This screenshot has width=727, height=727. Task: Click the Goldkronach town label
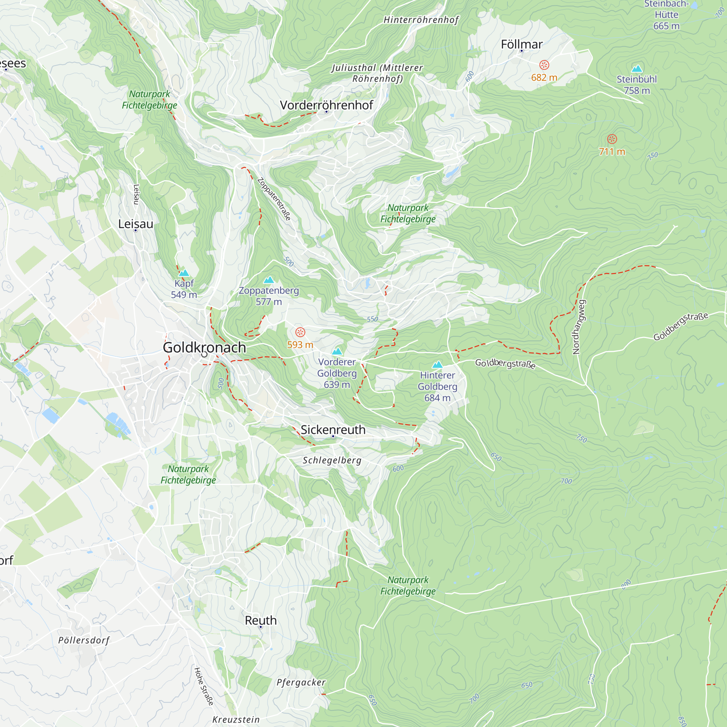(x=204, y=347)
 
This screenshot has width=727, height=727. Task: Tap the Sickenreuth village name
(x=333, y=430)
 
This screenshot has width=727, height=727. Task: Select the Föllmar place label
(x=522, y=44)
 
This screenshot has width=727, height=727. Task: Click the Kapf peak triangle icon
(x=184, y=273)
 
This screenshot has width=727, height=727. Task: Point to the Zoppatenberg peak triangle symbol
(x=269, y=280)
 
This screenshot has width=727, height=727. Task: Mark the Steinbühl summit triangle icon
(x=637, y=68)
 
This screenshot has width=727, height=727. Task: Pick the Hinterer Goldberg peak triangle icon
(x=437, y=364)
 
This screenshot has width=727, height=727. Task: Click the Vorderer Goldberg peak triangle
(x=337, y=352)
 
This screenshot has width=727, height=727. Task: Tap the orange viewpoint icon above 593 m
(x=300, y=332)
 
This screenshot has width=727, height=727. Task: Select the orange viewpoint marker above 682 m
(x=544, y=65)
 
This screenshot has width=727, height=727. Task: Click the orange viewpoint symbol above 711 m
(x=612, y=139)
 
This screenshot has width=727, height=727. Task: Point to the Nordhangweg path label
(x=578, y=327)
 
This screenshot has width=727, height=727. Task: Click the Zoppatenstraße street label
(x=274, y=199)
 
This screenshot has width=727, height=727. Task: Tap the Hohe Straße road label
(x=204, y=686)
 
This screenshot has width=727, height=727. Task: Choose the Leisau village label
(x=136, y=224)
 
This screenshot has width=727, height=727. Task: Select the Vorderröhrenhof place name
(x=326, y=105)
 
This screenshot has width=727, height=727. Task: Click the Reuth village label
(x=260, y=620)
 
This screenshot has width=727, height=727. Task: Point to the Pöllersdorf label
(x=84, y=640)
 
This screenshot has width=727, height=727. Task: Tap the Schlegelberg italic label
(x=332, y=461)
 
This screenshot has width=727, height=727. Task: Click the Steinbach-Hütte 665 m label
(x=666, y=15)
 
